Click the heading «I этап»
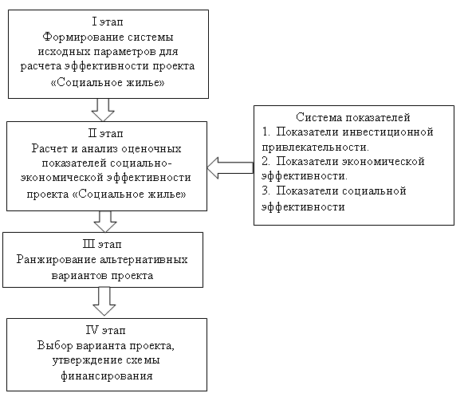click(x=108, y=22)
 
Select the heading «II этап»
click(x=106, y=133)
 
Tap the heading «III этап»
click(x=102, y=244)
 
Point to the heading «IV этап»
click(x=106, y=330)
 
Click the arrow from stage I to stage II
click(x=103, y=110)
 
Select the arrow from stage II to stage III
click(x=105, y=222)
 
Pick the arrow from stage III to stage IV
click(x=104, y=301)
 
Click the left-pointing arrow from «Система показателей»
click(x=230, y=168)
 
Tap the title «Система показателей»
click(x=352, y=117)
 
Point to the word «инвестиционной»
click(x=388, y=132)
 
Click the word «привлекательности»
click(x=315, y=147)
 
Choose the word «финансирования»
click(x=107, y=376)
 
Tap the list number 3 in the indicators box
click(x=265, y=191)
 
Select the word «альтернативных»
click(x=144, y=259)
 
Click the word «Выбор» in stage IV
click(x=55, y=345)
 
